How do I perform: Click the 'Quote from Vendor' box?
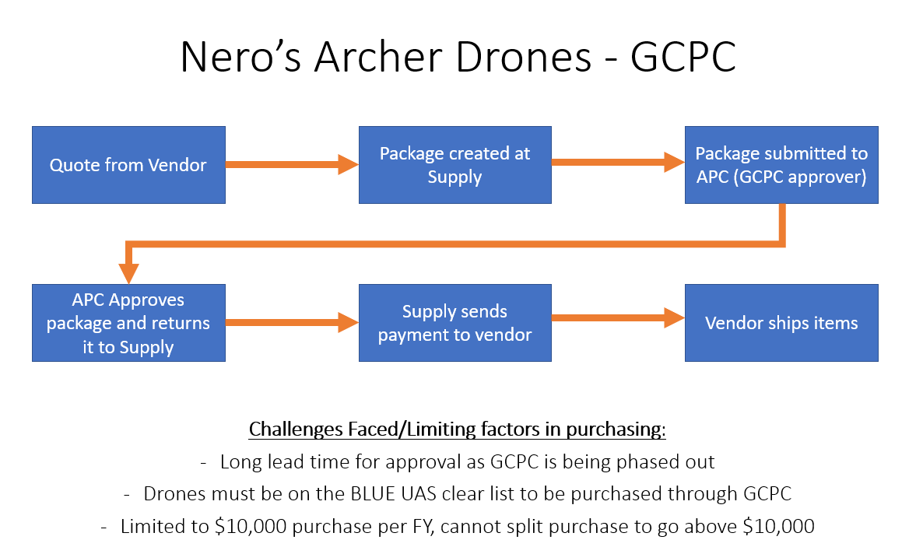[x=128, y=165]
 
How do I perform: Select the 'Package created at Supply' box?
[x=454, y=165]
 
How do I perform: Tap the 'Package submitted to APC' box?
[x=781, y=165]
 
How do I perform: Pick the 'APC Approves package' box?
[x=128, y=323]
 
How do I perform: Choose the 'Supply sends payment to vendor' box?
[x=454, y=323]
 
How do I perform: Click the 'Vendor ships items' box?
[x=781, y=323]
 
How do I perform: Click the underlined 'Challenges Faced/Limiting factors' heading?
[x=457, y=430]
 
